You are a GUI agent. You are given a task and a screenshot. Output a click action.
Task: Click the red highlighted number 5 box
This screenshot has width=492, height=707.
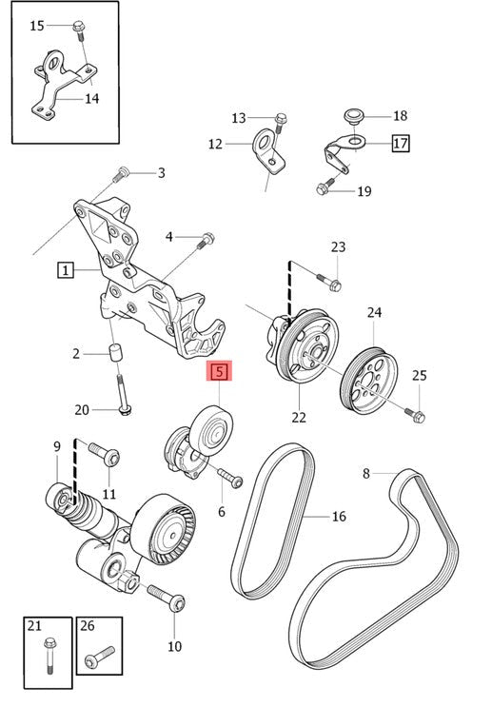tap(219, 372)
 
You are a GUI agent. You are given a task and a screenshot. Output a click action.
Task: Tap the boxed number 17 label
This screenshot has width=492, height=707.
tap(400, 144)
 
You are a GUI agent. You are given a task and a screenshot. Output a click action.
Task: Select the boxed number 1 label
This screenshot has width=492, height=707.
tap(66, 270)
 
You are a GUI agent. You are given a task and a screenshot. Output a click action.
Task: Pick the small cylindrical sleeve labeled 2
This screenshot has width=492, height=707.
tap(116, 352)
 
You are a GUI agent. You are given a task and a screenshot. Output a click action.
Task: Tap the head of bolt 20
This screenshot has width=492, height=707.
tap(125, 409)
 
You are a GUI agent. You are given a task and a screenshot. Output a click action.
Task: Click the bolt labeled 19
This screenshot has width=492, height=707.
tap(325, 186)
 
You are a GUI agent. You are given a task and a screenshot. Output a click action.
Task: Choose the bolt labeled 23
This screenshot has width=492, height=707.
tap(330, 282)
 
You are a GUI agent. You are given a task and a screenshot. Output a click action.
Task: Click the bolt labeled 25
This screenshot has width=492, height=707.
tap(415, 415)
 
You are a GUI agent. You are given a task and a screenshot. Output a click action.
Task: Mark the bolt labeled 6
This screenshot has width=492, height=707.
tap(230, 478)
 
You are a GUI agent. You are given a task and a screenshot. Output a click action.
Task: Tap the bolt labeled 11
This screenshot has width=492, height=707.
tap(105, 455)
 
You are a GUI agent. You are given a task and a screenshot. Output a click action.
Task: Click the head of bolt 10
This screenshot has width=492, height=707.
tap(178, 603)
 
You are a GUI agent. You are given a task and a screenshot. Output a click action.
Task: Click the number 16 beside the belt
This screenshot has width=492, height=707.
tap(339, 517)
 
